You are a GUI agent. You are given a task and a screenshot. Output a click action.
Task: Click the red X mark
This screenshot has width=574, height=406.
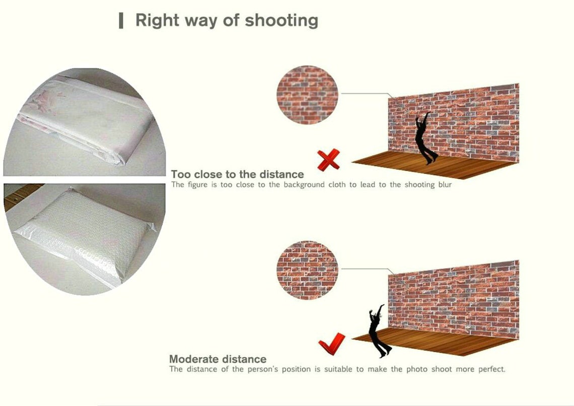coord(328,160)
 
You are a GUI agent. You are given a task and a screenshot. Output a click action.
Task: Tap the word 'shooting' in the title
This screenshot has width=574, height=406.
coord(281,21)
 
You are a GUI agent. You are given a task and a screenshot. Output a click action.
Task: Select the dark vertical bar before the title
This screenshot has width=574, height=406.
coord(121,21)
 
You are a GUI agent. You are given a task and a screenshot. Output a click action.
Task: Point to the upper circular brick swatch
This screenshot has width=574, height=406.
coord(307,95)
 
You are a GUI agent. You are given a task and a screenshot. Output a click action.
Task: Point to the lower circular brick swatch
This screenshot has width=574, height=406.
coord(307,270)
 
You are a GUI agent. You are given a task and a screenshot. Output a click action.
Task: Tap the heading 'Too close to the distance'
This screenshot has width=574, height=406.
coord(237,174)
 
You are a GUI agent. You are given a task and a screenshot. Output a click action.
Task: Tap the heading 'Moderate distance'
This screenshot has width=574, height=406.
coord(218,359)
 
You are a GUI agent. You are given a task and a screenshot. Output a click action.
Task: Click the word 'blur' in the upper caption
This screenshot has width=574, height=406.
coord(445,185)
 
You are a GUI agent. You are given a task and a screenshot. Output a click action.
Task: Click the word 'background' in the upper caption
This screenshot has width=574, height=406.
coord(304,185)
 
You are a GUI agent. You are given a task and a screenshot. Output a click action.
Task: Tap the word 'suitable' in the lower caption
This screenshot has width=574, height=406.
coord(340,369)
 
